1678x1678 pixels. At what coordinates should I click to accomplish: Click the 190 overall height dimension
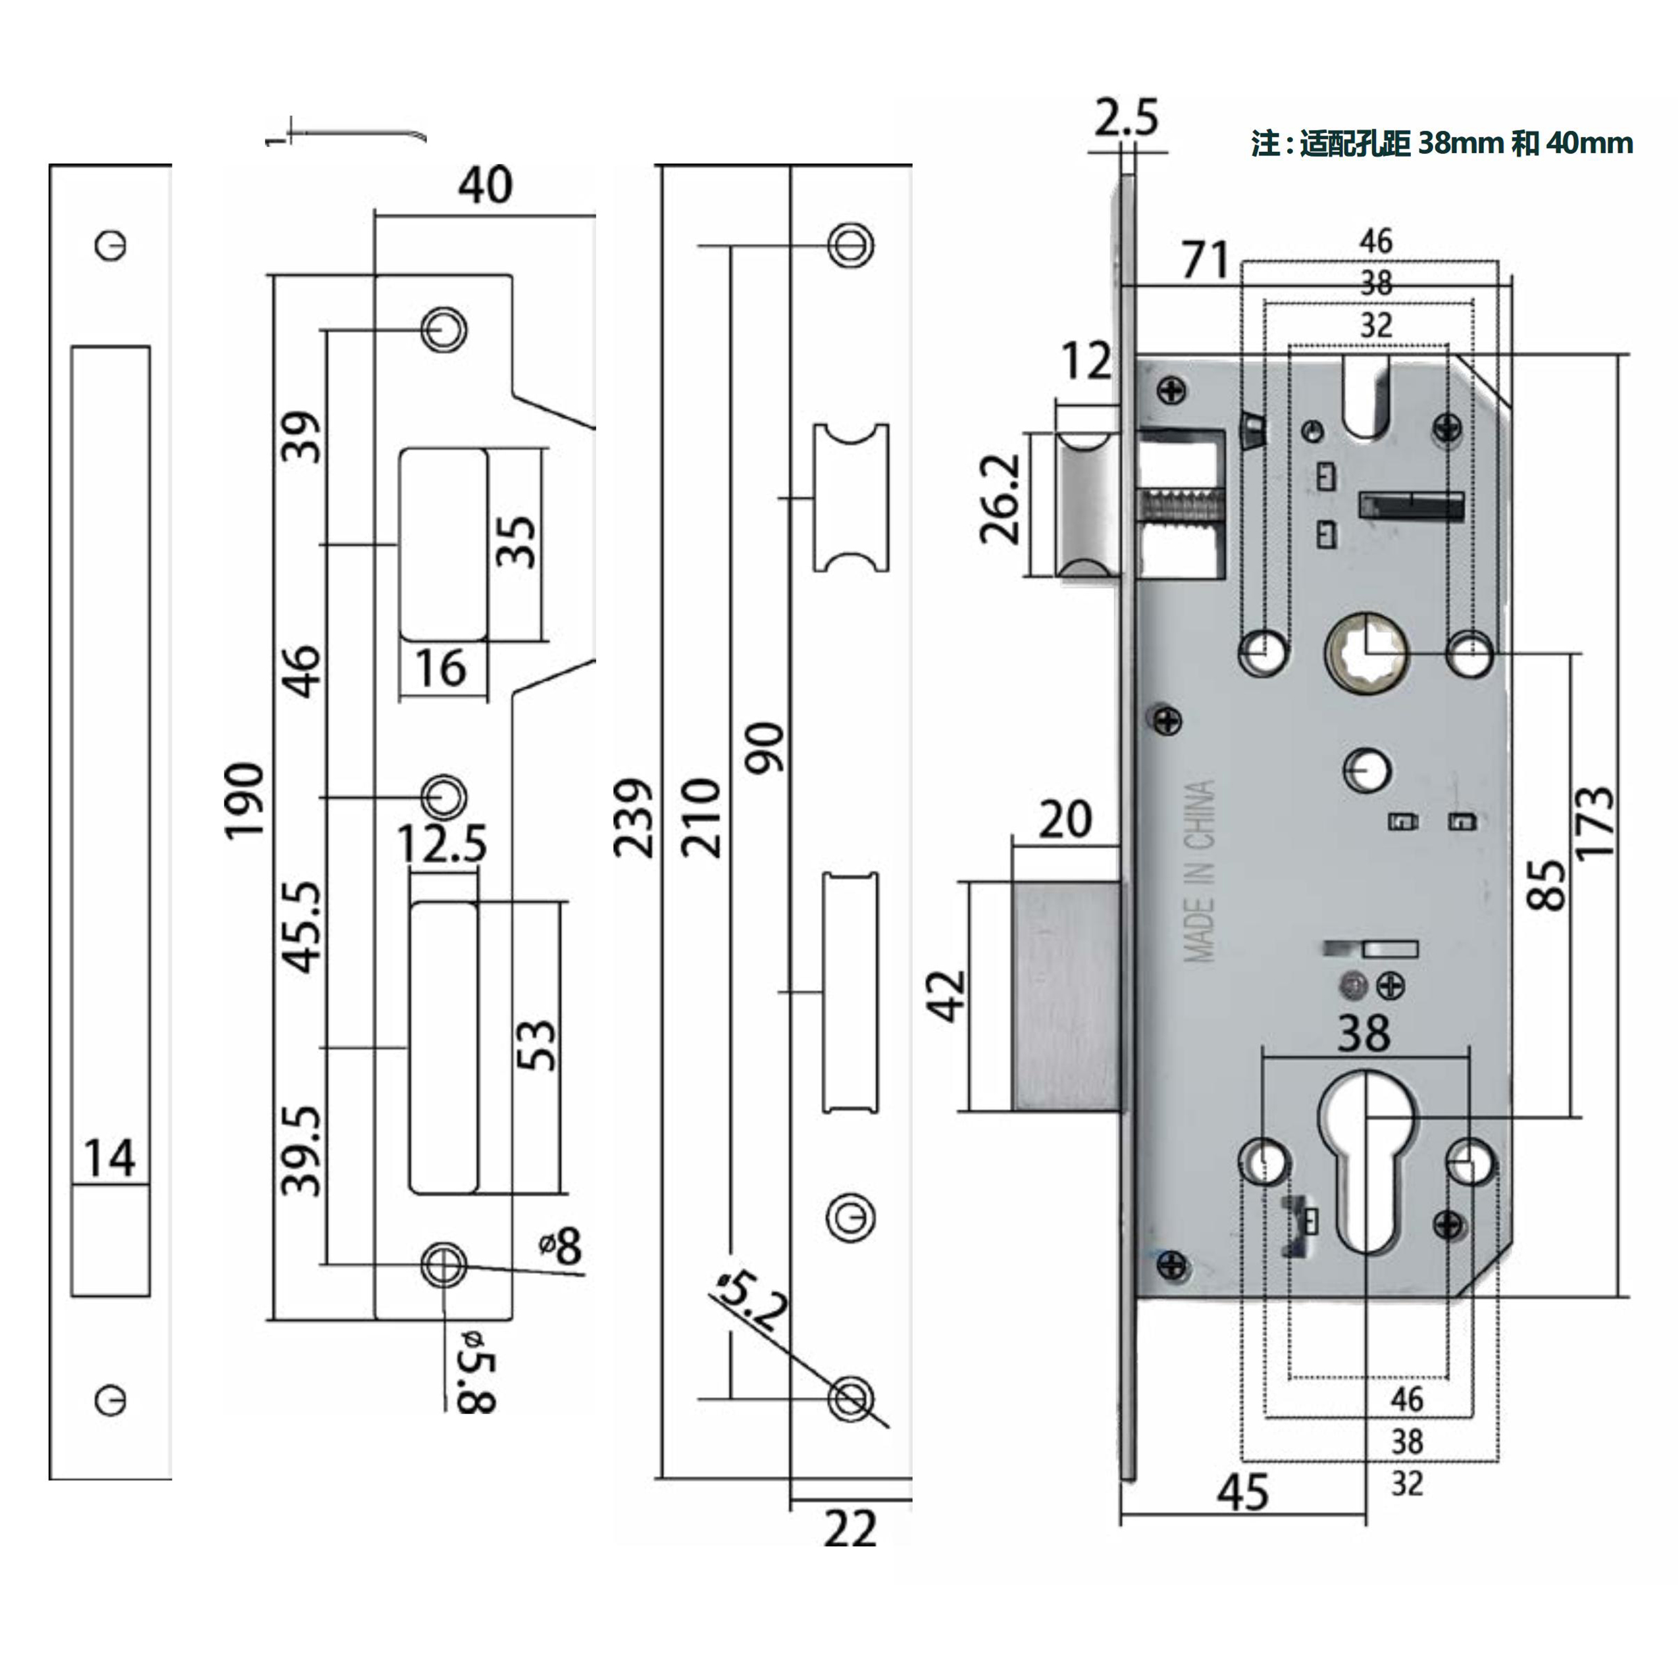tap(244, 801)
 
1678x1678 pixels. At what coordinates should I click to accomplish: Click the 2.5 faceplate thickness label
tap(1126, 118)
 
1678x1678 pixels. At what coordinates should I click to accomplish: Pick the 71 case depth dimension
tap(1206, 260)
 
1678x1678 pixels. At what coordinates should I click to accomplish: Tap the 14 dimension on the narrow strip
tap(109, 1157)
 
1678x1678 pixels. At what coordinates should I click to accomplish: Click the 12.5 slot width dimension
tap(442, 844)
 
